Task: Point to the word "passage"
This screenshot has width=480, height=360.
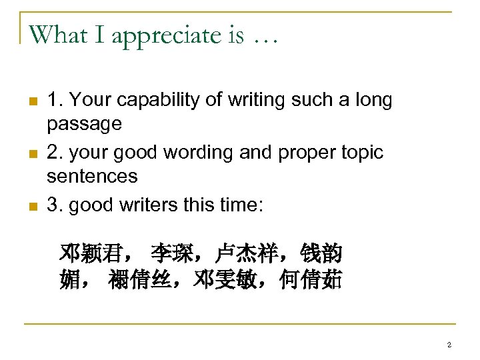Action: pos(84,125)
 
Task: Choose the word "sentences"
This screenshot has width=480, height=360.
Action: pos(92,177)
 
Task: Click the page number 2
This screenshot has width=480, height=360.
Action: pos(449,345)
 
